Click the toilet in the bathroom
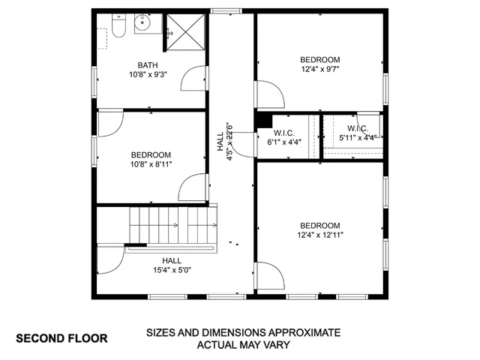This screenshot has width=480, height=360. click(118, 28)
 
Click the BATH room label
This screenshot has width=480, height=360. click(147, 64)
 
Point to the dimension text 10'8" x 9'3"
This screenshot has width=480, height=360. click(147, 74)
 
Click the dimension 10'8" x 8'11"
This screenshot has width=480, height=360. click(152, 164)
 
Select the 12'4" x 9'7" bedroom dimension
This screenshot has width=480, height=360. click(320, 70)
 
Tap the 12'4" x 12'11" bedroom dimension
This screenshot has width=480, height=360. click(320, 235)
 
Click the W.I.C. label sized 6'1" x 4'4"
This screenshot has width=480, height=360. click(283, 133)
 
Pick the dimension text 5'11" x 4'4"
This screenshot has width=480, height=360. click(358, 137)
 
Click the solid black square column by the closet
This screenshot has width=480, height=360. click(262, 118)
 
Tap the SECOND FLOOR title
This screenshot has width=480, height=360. click(61, 338)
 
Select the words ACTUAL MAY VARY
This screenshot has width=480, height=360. click(243, 345)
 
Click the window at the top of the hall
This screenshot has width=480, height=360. click(221, 10)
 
